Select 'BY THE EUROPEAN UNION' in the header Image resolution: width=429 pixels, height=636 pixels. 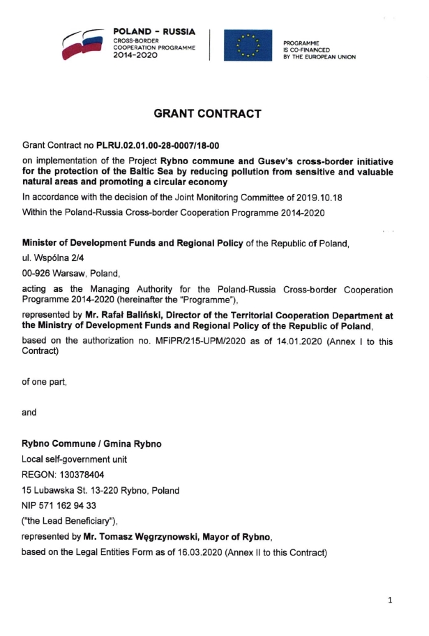coord(319,57)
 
